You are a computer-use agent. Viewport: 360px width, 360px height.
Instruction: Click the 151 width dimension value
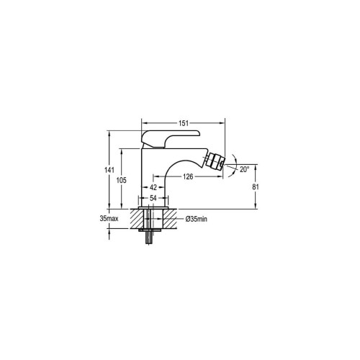(x=184, y=123)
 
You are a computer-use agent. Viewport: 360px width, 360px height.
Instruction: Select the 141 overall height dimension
(x=109, y=170)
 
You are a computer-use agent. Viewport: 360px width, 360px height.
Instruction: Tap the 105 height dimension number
(x=122, y=180)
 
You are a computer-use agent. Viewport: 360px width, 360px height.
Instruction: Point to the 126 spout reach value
(x=188, y=176)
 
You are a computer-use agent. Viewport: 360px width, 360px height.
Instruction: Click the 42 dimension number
(x=153, y=187)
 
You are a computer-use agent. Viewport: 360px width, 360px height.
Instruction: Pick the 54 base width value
(x=153, y=198)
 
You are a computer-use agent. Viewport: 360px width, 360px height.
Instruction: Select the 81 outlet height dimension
(x=256, y=186)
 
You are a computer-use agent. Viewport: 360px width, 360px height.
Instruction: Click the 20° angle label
(x=245, y=169)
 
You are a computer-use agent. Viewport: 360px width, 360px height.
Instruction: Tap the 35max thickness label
(x=109, y=219)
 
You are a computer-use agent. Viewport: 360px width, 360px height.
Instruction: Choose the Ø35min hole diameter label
(x=196, y=219)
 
